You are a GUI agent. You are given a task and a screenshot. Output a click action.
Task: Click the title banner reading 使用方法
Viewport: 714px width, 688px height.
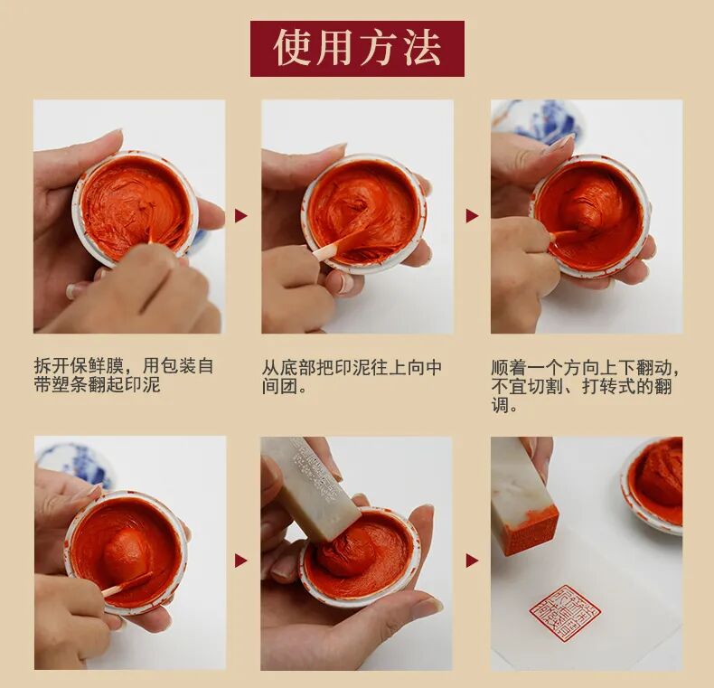(x=357, y=48)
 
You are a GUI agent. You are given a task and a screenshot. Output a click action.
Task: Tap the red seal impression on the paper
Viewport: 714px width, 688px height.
(x=565, y=612)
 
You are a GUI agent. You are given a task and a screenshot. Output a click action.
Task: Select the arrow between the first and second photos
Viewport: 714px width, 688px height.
(x=241, y=215)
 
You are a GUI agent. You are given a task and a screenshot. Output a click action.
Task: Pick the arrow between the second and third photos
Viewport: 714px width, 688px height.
(x=472, y=215)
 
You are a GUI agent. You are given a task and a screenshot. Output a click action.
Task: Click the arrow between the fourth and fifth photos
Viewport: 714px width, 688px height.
(x=241, y=561)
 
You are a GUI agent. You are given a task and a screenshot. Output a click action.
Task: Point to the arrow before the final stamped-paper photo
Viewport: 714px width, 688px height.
(x=472, y=561)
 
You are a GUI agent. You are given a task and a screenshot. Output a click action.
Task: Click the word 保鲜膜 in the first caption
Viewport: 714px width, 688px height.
(x=97, y=366)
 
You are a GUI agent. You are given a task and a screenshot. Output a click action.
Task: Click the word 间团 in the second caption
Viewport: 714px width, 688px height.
(x=279, y=387)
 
